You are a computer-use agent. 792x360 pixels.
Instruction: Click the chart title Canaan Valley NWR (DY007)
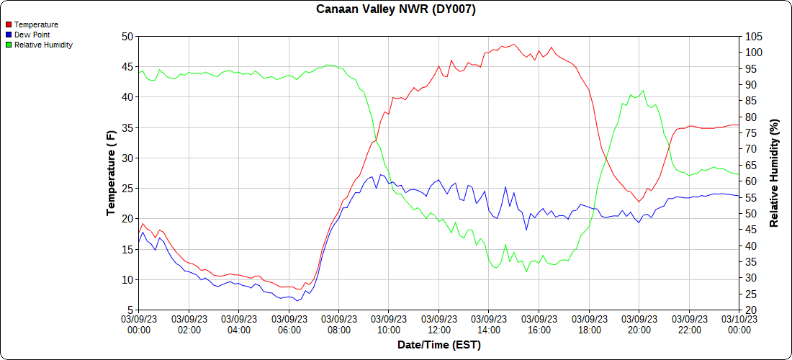(x=396, y=9)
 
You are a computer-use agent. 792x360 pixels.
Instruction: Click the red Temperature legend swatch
(x=9, y=24)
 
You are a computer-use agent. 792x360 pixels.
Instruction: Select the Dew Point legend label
(x=32, y=35)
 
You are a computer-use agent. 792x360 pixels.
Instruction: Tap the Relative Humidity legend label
(x=43, y=45)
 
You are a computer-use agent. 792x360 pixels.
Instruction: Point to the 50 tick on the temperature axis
(x=127, y=36)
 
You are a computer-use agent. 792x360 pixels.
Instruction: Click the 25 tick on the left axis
(x=127, y=188)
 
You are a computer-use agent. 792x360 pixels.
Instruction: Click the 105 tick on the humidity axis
(x=754, y=36)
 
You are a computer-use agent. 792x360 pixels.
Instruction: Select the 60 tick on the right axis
(x=751, y=181)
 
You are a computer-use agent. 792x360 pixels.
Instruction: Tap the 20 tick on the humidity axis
(x=751, y=310)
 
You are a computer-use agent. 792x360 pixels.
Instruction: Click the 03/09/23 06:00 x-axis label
(x=289, y=325)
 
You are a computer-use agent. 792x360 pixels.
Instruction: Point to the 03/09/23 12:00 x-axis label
(x=438, y=325)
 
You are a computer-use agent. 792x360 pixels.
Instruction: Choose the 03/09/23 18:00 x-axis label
(x=589, y=325)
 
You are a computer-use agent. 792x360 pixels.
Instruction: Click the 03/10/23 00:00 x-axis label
(x=739, y=325)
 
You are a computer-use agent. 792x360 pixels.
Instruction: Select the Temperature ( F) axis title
(x=111, y=173)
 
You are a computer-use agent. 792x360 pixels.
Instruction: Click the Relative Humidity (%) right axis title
(x=774, y=173)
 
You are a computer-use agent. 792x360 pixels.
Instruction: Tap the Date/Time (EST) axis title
(x=438, y=345)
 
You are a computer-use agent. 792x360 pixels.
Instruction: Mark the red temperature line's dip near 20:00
(x=638, y=202)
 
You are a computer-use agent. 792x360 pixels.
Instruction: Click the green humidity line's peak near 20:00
(x=643, y=91)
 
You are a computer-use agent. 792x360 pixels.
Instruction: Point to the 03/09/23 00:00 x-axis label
(x=139, y=325)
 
